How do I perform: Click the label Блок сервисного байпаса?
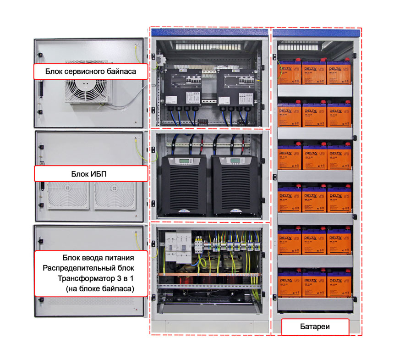coord(91,71)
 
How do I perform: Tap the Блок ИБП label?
coord(91,173)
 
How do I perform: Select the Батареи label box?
coord(315,327)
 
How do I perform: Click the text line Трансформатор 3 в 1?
coord(96,278)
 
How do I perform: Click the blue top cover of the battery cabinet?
coord(316,33)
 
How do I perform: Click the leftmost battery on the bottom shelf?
coord(290,283)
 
